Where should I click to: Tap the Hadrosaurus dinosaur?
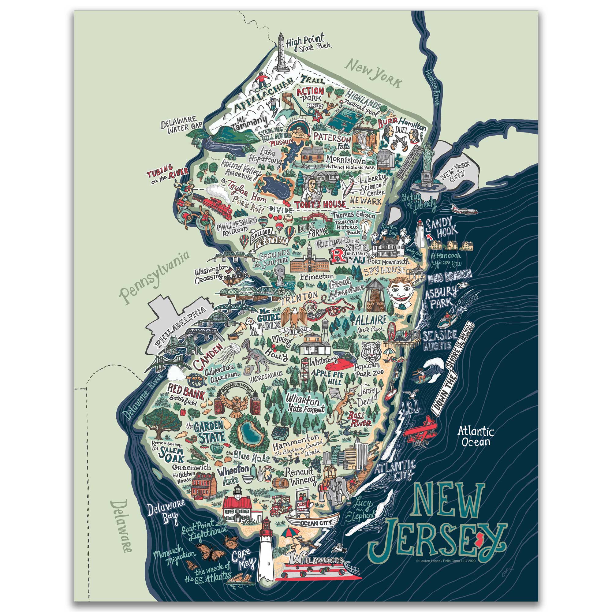tap(255, 355)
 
